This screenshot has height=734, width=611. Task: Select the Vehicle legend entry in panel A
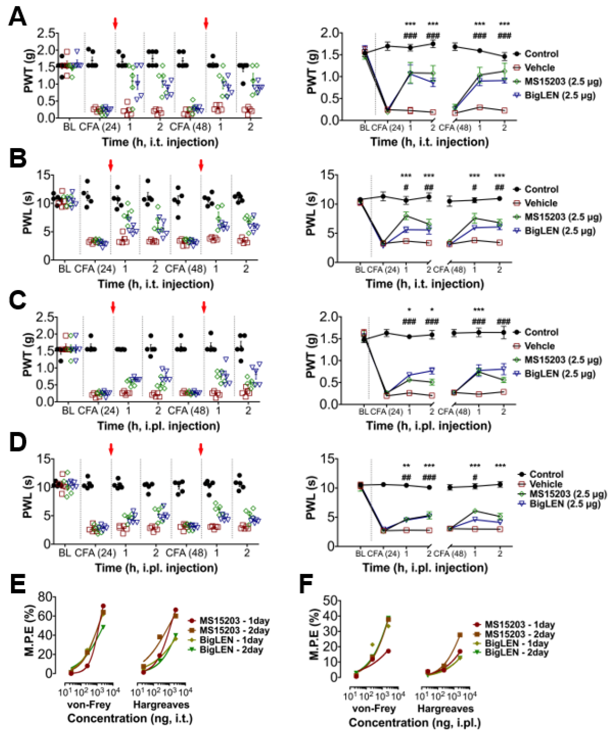tap(539, 67)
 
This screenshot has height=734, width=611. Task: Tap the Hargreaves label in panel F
tap(445, 709)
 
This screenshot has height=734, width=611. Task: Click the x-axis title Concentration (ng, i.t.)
tap(130, 718)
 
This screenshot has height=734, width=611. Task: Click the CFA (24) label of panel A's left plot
tap(100, 126)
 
